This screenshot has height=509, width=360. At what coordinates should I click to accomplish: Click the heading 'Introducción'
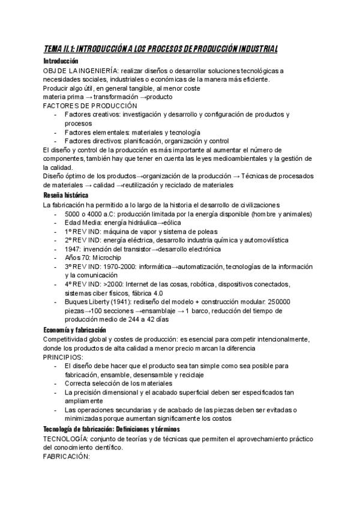click(61, 61)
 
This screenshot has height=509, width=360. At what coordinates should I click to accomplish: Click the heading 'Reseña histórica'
click(67, 195)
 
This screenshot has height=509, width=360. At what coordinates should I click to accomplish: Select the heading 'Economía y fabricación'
click(74, 330)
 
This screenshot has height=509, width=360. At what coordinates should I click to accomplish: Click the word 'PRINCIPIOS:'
click(64, 357)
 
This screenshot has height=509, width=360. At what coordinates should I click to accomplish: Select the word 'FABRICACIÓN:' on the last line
click(67, 456)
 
